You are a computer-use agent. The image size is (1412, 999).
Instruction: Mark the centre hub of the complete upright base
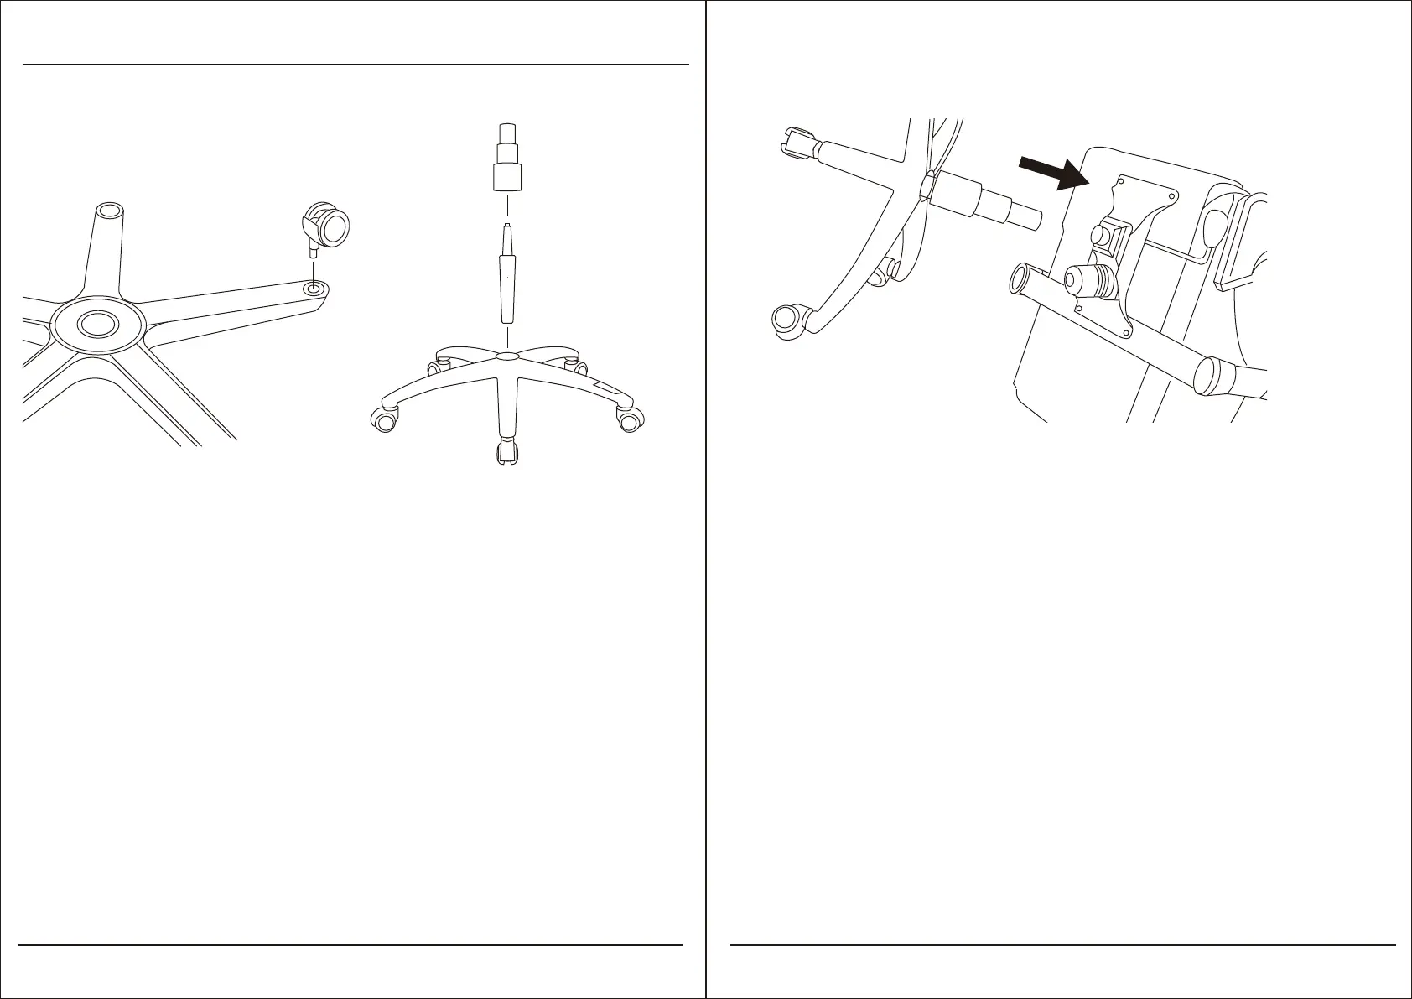[x=506, y=357]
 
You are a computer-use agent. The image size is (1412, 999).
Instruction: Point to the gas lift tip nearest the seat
[x=1029, y=219]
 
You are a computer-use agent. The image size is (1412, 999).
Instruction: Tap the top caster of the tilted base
[x=798, y=142]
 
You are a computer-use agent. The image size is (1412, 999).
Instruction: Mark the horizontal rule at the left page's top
[x=356, y=64]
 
